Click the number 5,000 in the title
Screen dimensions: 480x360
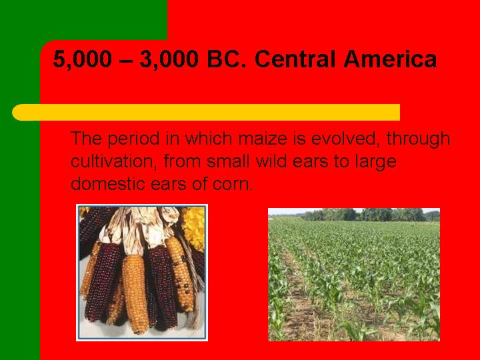pyautogui.click(x=82, y=59)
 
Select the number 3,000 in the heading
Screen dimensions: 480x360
pyautogui.click(x=169, y=59)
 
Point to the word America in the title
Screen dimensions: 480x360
pyautogui.click(x=390, y=59)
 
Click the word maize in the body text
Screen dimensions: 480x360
pyautogui.click(x=263, y=139)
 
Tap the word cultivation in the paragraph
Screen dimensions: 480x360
pyautogui.click(x=114, y=161)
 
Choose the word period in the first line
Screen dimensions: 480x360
pyautogui.click(x=133, y=139)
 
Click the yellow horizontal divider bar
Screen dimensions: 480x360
pyautogui.click(x=206, y=113)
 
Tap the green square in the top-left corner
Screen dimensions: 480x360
pyautogui.click(x=83, y=20)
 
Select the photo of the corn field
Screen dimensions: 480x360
pyautogui.click(x=354, y=275)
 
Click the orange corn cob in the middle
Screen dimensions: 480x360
pyautogui.click(x=135, y=293)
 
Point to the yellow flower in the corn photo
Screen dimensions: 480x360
pyautogui.click(x=194, y=227)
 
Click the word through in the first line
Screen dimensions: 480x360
pyautogui.click(x=418, y=139)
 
